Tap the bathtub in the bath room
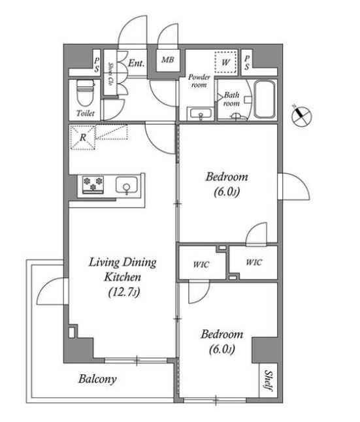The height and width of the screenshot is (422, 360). pos(265,99)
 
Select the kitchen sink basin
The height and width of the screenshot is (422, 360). pos(126,185)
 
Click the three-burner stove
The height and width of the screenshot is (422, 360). pos(93,184)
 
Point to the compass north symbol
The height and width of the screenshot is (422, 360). pos(302,116)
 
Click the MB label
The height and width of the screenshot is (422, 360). pos(167,59)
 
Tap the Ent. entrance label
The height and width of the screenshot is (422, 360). pos(137,63)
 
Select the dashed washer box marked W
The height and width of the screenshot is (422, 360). pos(225,62)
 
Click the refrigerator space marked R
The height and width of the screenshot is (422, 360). pos(83,137)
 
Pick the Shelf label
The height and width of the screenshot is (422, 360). pos(268,380)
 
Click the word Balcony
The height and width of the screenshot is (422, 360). pos(97,380)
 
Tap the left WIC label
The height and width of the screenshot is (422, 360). pos(201,265)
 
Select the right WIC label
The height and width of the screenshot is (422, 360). pos(254,262)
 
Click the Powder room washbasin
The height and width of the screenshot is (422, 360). pos(201,113)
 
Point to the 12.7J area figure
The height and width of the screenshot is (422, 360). pos(124,292)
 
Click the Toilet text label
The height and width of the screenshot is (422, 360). pos(86,113)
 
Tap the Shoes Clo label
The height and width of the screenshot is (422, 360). pos(110,74)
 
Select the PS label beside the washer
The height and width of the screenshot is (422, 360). pos(247,63)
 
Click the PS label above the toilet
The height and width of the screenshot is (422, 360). pos(97,65)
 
